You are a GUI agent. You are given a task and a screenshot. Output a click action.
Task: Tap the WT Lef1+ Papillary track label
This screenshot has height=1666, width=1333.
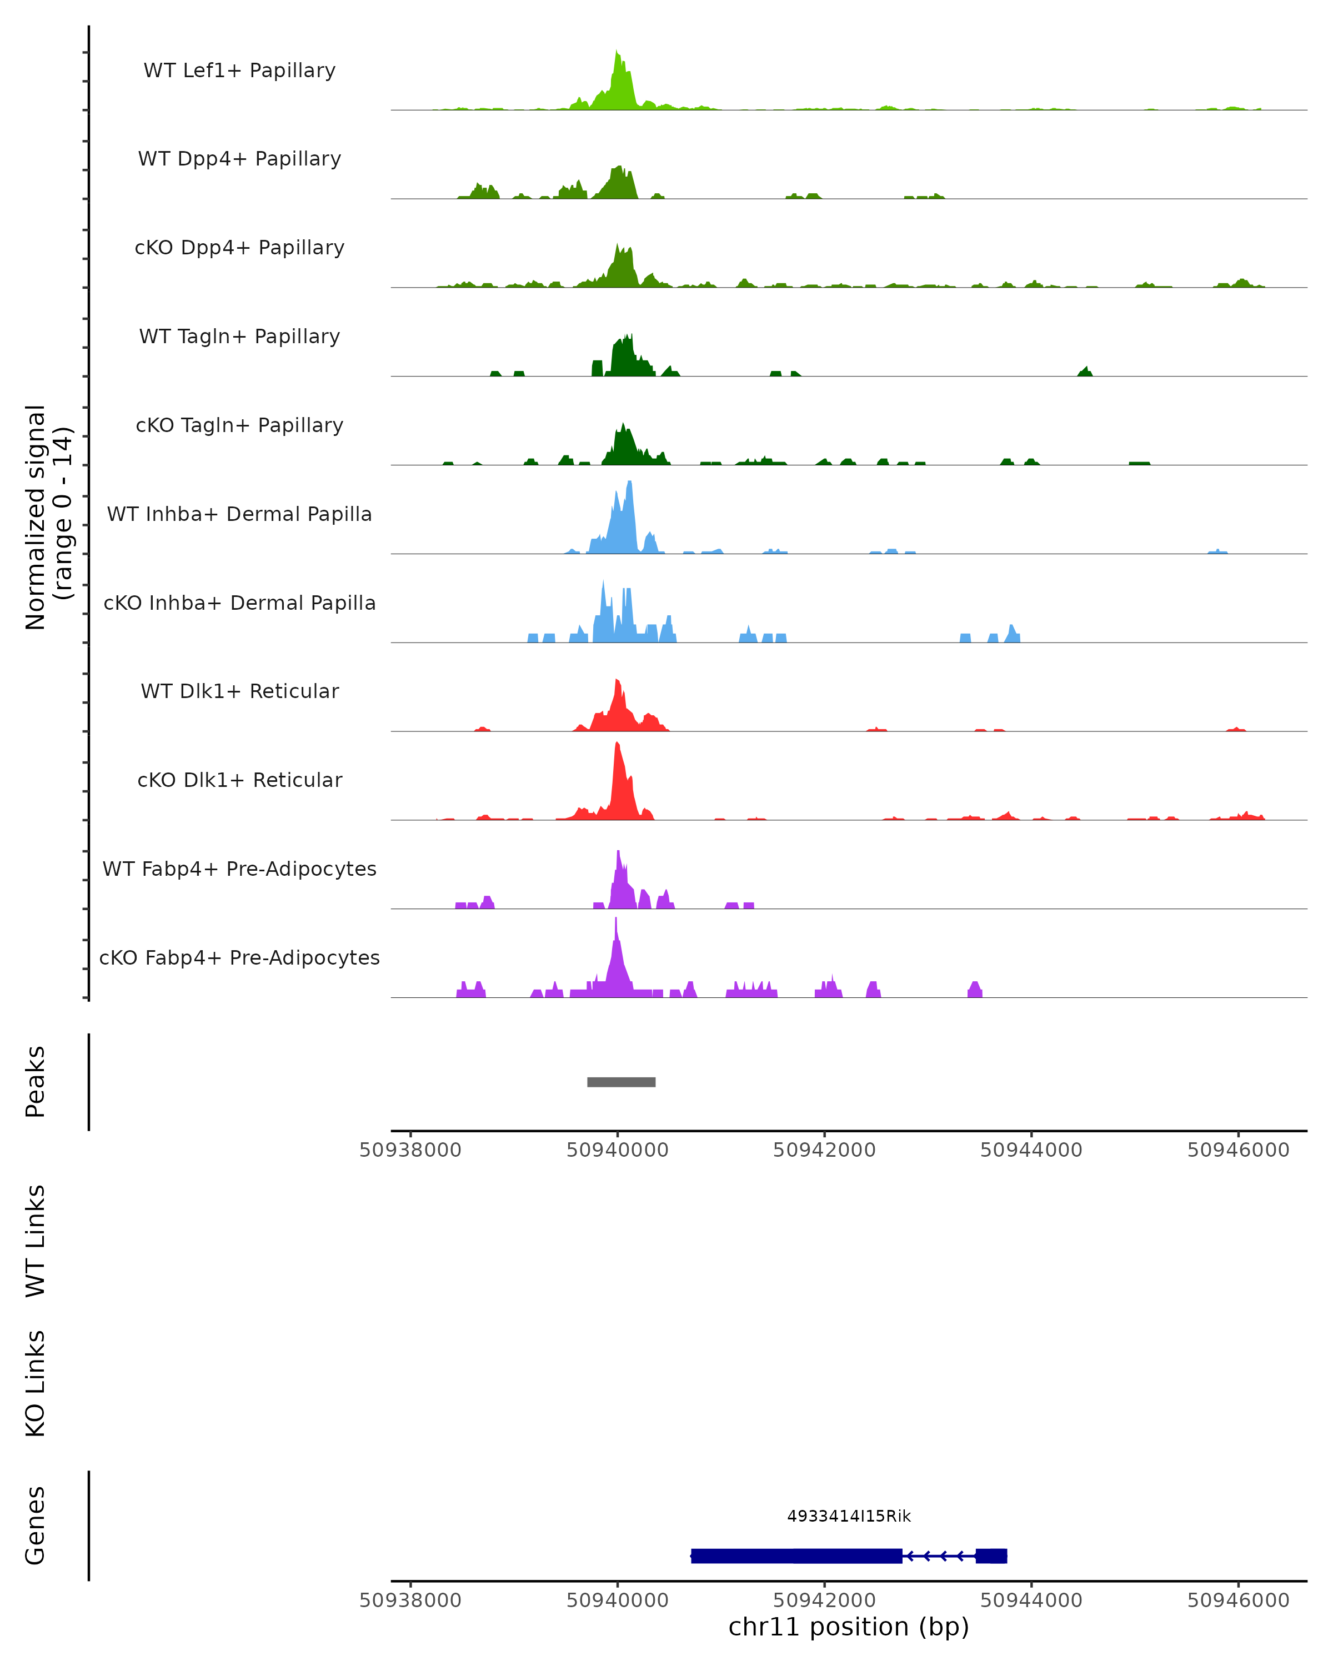pos(239,71)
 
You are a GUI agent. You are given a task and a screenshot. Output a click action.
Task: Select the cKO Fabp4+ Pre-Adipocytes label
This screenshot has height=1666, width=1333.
pos(239,957)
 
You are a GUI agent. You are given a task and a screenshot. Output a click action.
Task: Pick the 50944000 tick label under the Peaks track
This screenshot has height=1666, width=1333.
pos(1031,1150)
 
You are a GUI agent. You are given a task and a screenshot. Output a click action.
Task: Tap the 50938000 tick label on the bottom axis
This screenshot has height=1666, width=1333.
pos(410,1600)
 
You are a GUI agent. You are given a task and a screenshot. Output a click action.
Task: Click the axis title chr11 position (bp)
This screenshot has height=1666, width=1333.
pos(849,1627)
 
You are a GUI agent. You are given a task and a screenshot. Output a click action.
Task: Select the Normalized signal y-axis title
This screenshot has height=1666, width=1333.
pos(48,517)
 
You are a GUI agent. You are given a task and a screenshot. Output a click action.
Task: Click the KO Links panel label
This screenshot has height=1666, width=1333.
pos(36,1383)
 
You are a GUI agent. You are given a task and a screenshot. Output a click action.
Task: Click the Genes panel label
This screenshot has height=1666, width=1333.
pos(36,1526)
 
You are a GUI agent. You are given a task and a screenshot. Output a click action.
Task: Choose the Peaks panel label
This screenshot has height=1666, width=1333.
pos(36,1082)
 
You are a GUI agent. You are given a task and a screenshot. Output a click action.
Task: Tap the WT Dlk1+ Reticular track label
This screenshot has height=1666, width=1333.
pos(239,691)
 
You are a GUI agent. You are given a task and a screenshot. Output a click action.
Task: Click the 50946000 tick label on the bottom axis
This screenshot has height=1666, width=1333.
pos(1238,1600)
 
